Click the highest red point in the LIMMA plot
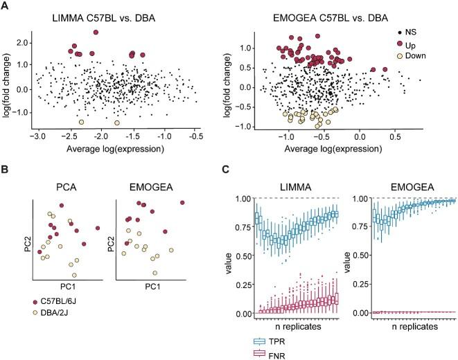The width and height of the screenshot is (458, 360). pos(96,33)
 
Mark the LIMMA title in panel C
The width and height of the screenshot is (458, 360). pos(291,186)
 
